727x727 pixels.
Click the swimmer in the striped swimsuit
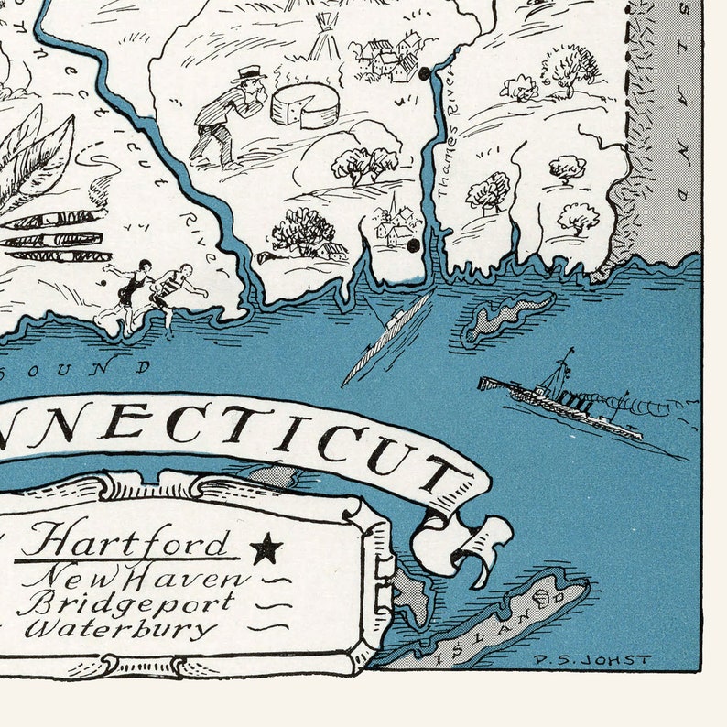[x=174, y=288]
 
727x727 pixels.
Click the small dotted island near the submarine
[x=509, y=316]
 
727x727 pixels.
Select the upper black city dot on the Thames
[x=424, y=73]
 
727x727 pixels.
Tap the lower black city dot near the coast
[x=413, y=245]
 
